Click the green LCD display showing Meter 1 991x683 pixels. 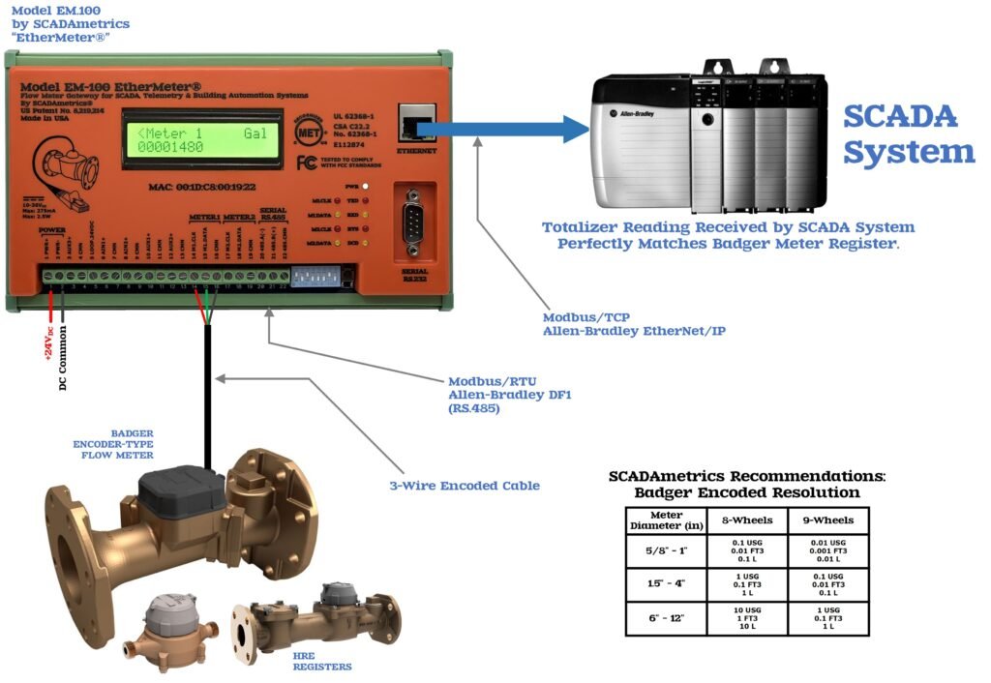(x=201, y=139)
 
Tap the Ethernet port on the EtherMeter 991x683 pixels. (x=416, y=124)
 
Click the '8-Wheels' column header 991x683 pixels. (x=746, y=520)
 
